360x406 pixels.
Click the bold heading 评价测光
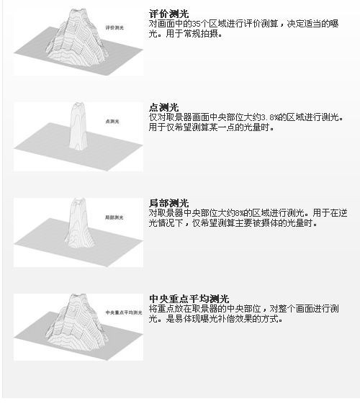(169, 14)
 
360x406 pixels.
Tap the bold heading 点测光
(164, 107)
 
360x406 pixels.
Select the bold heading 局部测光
(169, 203)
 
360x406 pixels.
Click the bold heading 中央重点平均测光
(189, 299)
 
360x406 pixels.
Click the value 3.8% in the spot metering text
(269, 117)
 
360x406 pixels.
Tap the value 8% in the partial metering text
(240, 213)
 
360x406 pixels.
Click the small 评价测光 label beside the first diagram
(114, 27)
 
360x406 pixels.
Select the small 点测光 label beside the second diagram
(112, 121)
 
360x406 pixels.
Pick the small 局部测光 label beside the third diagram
(114, 217)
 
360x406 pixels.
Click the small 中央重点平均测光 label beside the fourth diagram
(124, 312)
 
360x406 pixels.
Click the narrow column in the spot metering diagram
(78, 127)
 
